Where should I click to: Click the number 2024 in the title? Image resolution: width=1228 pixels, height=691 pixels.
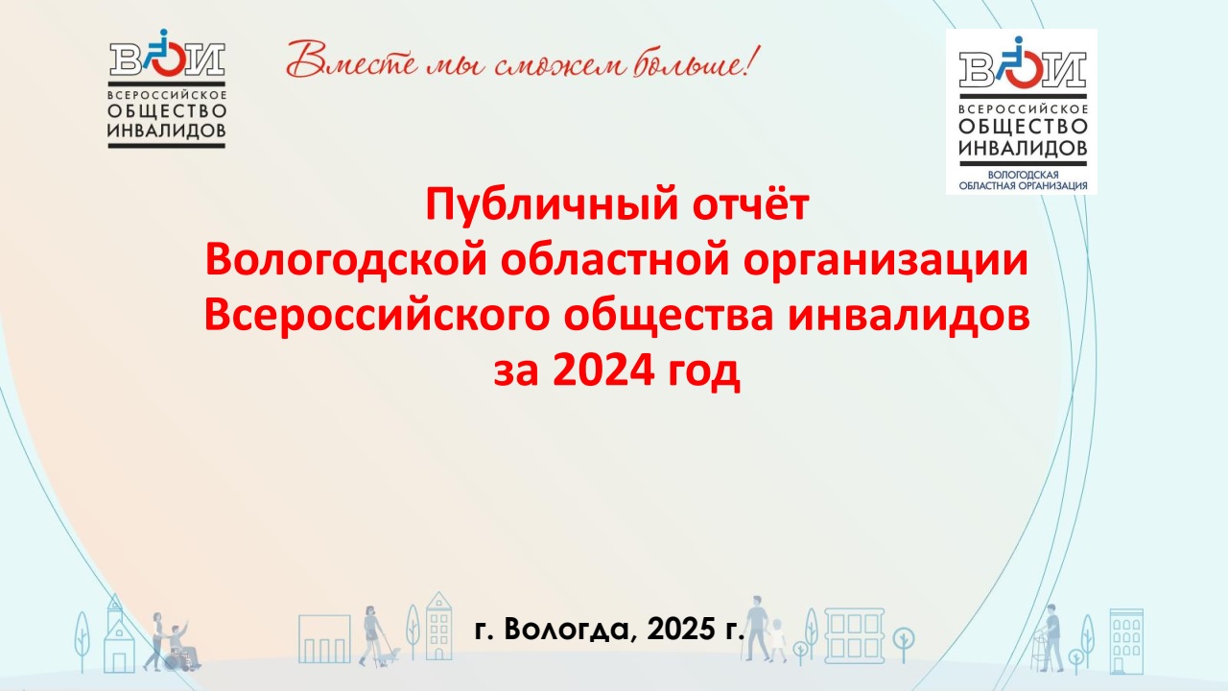point(603,371)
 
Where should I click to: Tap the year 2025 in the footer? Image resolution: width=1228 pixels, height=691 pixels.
point(680,629)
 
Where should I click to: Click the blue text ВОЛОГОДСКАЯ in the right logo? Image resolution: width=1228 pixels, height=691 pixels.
point(1023,175)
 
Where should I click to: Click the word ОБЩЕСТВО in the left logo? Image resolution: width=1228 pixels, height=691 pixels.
point(167,111)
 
